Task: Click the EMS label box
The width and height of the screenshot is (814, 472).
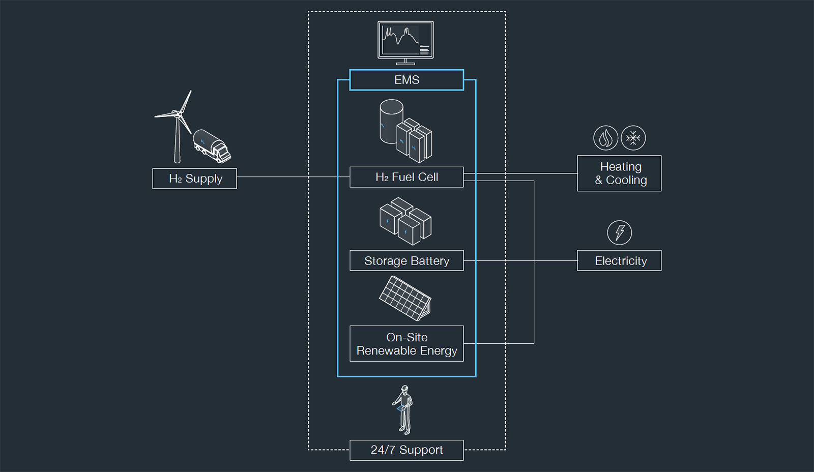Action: (406, 80)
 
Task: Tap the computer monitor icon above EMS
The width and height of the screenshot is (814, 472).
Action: (405, 41)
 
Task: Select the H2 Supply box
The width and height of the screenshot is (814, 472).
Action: (194, 179)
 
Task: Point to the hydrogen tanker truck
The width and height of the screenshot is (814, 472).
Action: (212, 146)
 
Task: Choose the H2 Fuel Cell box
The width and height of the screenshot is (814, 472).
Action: (406, 177)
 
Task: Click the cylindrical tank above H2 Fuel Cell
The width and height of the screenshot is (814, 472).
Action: (391, 121)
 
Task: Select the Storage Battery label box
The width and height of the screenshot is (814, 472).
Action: (406, 260)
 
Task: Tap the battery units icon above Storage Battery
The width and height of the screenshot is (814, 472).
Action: (405, 222)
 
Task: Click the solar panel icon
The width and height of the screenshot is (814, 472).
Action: (405, 298)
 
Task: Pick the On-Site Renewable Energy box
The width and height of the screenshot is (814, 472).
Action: (406, 343)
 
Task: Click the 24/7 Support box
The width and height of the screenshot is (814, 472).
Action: (406, 450)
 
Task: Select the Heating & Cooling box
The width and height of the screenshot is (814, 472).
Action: (619, 173)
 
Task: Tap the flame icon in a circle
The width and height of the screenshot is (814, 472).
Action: (605, 138)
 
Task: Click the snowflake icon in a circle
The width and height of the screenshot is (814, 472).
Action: (633, 138)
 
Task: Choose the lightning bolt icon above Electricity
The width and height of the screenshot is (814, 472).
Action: (620, 232)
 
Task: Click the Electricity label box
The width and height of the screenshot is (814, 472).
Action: (619, 260)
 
